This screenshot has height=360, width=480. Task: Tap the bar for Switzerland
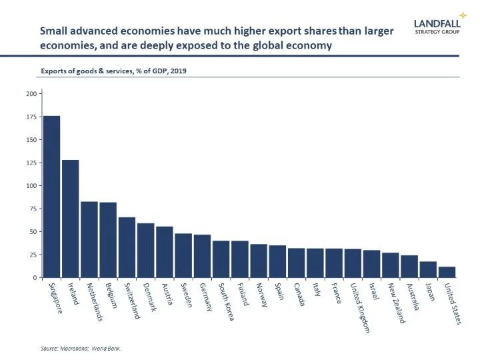pos(127,247)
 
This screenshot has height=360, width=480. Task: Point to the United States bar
pos(447,272)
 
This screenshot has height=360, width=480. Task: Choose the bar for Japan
pos(428,269)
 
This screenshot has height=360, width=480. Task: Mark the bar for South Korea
pos(221,259)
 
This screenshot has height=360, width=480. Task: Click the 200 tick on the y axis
pos(30,94)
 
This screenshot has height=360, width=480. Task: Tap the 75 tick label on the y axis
pos(31,209)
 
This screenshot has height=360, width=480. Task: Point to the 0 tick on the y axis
pos(34,278)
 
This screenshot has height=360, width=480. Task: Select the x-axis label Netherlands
pos(89,301)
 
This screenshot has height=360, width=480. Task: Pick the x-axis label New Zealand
pos(397,304)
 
